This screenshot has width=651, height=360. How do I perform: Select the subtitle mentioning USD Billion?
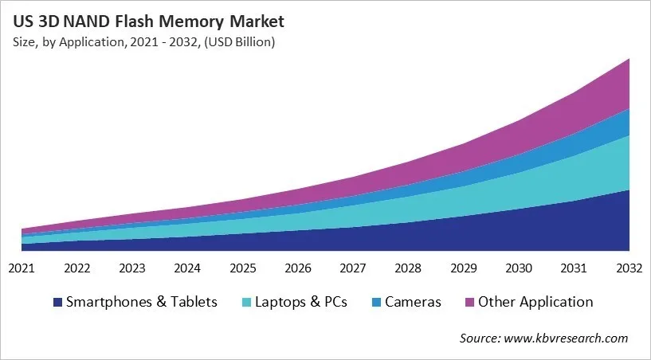point(143,42)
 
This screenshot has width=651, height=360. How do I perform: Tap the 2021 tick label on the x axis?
point(22,268)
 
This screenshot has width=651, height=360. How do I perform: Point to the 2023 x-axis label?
point(132,268)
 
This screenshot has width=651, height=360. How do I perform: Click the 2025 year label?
point(243,268)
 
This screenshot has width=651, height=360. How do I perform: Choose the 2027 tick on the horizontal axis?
point(353,268)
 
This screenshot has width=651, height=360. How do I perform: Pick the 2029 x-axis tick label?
point(464,268)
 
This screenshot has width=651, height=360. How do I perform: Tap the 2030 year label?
point(519,268)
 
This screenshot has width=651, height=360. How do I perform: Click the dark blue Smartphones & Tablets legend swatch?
point(57,303)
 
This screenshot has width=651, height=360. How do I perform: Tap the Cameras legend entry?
point(413,302)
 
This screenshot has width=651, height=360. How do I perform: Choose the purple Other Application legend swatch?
point(469,303)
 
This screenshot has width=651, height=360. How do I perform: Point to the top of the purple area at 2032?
point(629,60)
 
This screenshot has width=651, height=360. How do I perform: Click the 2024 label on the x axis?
point(188,268)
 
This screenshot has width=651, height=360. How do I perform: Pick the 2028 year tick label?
point(408,268)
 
